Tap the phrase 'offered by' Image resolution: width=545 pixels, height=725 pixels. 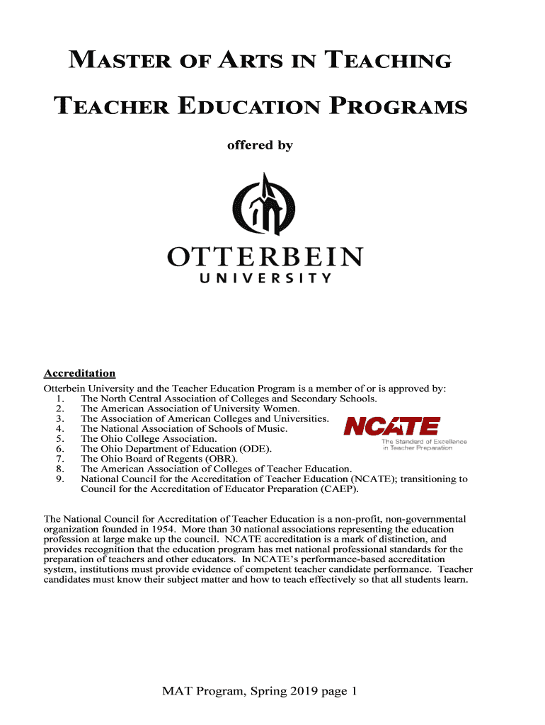coord(259,145)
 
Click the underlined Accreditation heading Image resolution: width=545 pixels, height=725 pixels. coord(79,373)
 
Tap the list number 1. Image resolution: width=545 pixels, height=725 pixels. coord(58,399)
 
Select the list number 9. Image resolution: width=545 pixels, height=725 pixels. coord(58,479)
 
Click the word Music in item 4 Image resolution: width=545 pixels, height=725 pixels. coord(272,429)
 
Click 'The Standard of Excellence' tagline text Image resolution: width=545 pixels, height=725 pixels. coord(424,443)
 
